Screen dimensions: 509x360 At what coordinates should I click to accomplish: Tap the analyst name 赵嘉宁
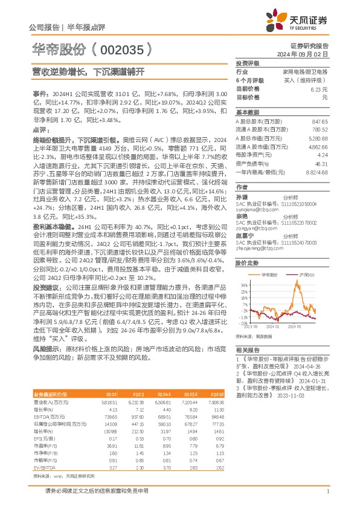point(242,235)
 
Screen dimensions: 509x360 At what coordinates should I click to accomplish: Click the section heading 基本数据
point(247,112)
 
